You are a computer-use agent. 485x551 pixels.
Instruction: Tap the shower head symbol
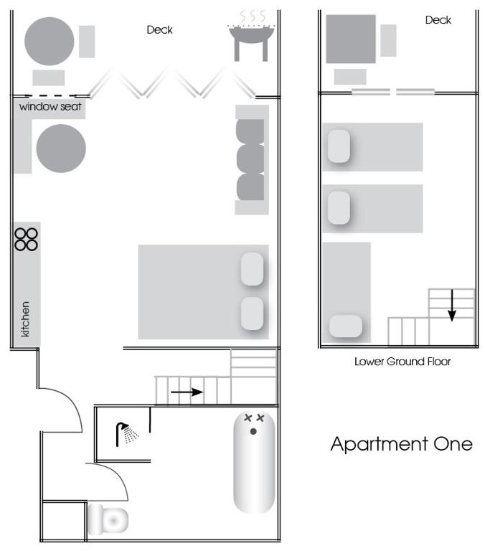coord(127,434)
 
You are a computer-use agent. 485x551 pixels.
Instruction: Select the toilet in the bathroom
coord(108,519)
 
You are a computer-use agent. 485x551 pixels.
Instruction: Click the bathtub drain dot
coord(253,431)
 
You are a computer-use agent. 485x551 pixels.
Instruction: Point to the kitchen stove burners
coord(26,240)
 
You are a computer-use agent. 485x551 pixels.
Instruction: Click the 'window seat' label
coord(50,106)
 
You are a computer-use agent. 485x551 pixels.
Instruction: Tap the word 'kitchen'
coord(25,319)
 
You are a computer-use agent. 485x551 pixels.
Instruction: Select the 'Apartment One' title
coord(401,445)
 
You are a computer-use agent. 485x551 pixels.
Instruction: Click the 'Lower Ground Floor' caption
coord(402,362)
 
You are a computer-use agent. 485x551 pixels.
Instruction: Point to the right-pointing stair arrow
coord(187,392)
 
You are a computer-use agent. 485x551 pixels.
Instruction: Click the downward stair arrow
coord(452,305)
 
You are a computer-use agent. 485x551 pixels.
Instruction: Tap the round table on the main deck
coord(50,42)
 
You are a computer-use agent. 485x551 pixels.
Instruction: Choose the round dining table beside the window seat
coord(61,149)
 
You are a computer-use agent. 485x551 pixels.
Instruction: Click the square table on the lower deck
coord(351,39)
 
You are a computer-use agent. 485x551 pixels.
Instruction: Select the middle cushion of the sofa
coord(250,159)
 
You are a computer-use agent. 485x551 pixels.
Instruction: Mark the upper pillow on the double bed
coord(253,269)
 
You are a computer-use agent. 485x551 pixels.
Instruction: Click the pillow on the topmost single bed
coord(339,146)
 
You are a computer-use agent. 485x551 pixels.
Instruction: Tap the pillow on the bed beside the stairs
coord(346,326)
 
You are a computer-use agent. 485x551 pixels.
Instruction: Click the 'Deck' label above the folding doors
coord(159,30)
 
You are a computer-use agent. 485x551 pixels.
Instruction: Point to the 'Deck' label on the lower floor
coord(438,20)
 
